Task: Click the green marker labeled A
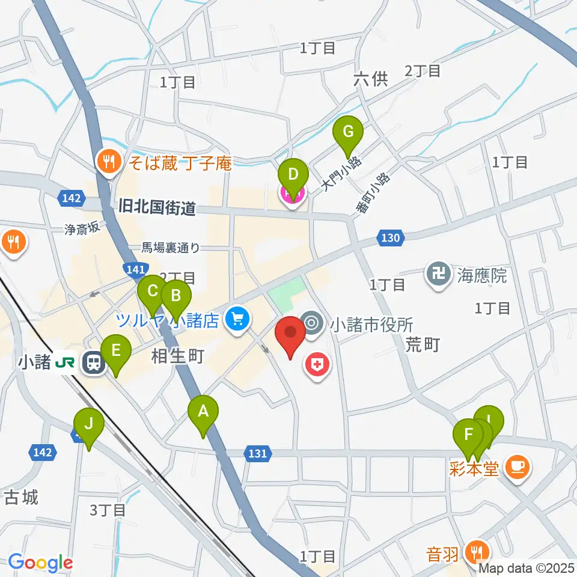[203, 413]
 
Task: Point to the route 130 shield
[390, 238]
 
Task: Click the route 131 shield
[257, 454]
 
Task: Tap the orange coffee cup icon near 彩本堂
[516, 467]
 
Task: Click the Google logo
[40, 563]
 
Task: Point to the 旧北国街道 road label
[157, 209]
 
